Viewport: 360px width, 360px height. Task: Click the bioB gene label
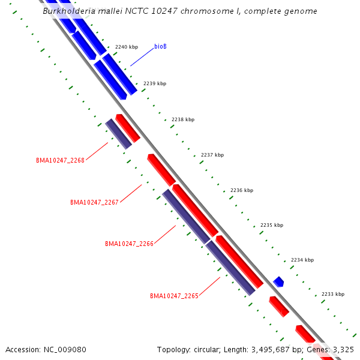(x=160, y=46)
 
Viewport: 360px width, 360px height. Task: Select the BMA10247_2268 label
(x=60, y=160)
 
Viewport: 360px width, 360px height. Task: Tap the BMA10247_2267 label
(x=94, y=202)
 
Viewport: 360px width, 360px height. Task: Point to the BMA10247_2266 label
(x=129, y=244)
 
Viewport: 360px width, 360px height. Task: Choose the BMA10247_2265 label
(x=174, y=296)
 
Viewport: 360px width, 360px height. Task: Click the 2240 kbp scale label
(x=127, y=47)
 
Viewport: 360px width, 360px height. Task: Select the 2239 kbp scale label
(x=155, y=83)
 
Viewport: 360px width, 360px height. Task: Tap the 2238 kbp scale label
(x=183, y=119)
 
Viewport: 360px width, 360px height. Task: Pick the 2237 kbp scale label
(x=212, y=155)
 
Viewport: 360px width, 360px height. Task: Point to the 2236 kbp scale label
(x=242, y=190)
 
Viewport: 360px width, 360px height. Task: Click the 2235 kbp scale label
(x=272, y=225)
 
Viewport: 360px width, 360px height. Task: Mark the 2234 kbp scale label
(x=302, y=260)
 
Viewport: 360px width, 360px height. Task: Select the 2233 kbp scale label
(x=333, y=294)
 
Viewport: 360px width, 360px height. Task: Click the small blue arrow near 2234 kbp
(x=278, y=281)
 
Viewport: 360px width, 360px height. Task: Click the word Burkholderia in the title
(x=67, y=11)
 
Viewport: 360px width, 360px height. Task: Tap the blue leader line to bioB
(x=142, y=57)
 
